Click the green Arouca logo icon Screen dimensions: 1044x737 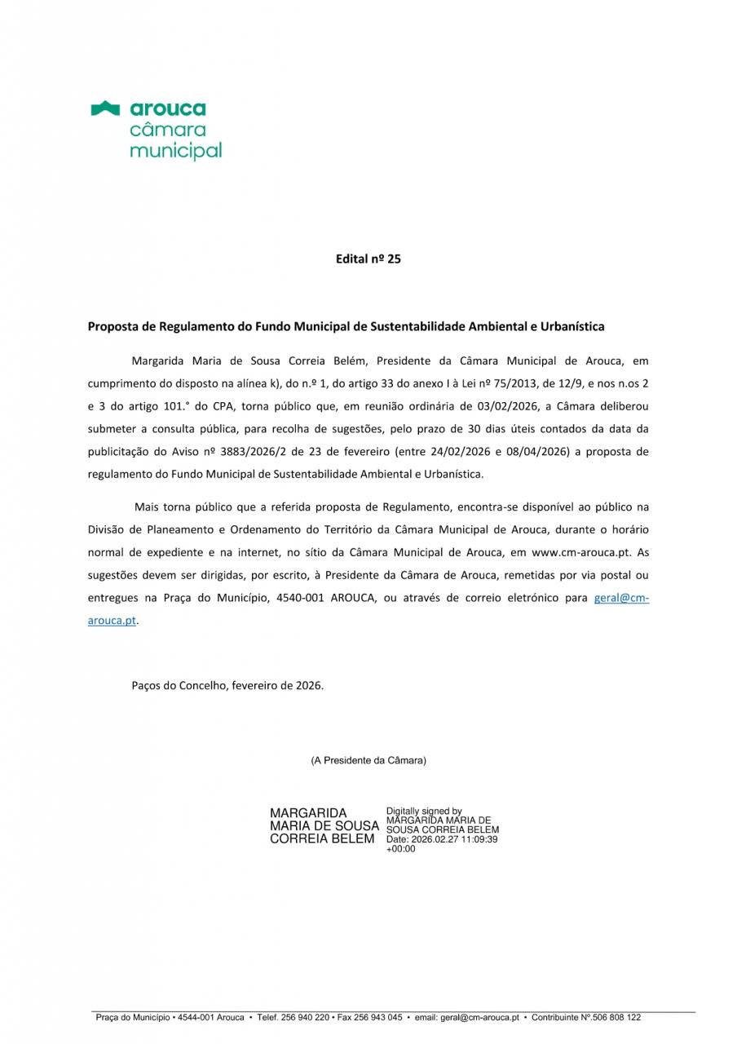click(106, 108)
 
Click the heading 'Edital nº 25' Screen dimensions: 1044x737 click(368, 259)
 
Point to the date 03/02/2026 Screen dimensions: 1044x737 click(510, 405)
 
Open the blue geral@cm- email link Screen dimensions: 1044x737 click(621, 598)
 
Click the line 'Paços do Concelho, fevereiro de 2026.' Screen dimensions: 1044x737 click(227, 685)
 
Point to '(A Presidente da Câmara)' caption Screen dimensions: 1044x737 click(368, 760)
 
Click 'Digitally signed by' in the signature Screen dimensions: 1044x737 click(424, 812)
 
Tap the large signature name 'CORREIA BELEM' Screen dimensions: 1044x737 click(322, 838)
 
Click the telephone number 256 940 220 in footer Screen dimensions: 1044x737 click(305, 1018)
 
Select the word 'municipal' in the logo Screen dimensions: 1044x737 click(175, 151)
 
